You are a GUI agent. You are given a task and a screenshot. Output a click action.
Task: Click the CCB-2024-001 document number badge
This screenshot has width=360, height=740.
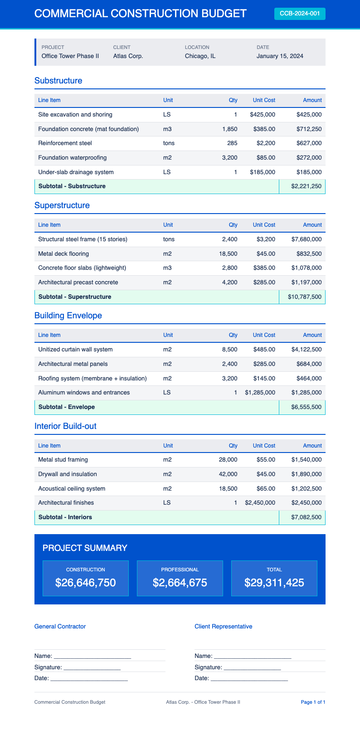(x=300, y=14)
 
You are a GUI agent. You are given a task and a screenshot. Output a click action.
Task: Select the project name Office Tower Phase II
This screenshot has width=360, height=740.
(x=70, y=56)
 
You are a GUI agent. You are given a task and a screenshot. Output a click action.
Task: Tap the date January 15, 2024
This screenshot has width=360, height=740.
(x=280, y=56)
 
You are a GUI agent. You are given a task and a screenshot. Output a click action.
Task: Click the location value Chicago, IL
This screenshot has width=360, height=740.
(x=200, y=56)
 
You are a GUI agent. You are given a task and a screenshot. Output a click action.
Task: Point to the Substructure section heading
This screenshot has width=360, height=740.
(x=58, y=81)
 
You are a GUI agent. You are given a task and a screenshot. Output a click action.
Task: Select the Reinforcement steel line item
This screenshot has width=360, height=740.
(x=65, y=143)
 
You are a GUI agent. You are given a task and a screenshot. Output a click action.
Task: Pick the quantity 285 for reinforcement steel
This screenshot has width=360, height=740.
(x=232, y=143)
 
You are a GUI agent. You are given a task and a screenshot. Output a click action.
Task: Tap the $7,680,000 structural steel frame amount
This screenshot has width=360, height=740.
(x=306, y=239)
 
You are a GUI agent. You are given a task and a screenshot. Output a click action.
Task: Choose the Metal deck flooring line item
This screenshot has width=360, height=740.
(x=63, y=254)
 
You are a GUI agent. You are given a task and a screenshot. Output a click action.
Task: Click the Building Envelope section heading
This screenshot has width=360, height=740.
(x=68, y=316)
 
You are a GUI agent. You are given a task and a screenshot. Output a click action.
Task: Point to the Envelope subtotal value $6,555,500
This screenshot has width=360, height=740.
(x=306, y=407)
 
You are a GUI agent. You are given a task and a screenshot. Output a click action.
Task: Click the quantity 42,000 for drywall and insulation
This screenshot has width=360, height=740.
(x=228, y=474)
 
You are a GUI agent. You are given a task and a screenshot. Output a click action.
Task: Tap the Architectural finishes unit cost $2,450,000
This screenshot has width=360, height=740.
(x=260, y=503)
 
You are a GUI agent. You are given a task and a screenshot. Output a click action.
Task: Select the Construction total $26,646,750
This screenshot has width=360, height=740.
(x=85, y=583)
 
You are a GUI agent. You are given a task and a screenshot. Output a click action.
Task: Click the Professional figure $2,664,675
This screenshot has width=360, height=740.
(x=180, y=583)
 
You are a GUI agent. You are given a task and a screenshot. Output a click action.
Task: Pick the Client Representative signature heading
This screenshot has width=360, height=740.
(x=223, y=627)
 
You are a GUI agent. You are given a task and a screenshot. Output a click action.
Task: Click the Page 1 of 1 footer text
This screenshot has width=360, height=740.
(x=313, y=702)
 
